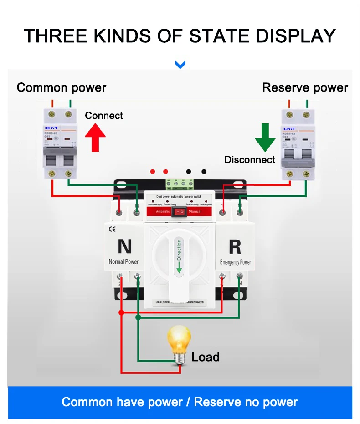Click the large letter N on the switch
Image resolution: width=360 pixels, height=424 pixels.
click(124, 246)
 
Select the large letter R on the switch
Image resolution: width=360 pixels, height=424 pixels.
click(235, 246)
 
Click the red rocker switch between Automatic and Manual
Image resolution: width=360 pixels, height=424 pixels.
click(180, 212)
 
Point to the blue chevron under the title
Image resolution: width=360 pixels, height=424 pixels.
click(180, 65)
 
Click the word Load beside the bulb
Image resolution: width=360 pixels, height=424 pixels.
click(206, 357)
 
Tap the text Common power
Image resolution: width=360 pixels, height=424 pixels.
click(62, 87)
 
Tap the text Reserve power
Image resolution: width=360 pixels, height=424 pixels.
click(305, 87)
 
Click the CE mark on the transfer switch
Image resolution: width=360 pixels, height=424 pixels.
click(112, 230)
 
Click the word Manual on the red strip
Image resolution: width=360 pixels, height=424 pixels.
click(195, 212)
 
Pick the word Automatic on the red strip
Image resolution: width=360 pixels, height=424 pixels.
click(163, 212)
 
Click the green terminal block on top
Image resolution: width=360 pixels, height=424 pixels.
click(180, 184)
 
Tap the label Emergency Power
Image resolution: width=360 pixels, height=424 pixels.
click(235, 262)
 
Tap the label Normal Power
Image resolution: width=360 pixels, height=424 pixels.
click(123, 262)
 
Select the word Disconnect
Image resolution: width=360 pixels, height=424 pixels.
click(250, 160)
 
